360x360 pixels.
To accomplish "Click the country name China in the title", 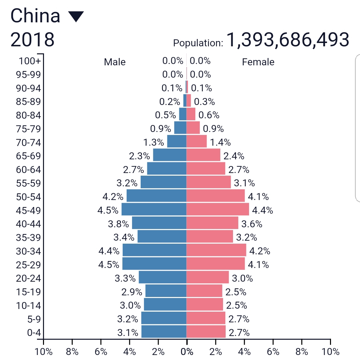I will [x=35, y=16].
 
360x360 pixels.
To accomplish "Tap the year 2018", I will [x=32, y=40].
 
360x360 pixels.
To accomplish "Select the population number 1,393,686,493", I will [x=288, y=40].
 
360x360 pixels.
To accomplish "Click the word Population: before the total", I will [x=198, y=43].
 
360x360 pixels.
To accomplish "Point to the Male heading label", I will [x=115, y=62].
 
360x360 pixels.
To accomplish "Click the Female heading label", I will [x=258, y=62].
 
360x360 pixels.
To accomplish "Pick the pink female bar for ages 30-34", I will [x=216, y=250].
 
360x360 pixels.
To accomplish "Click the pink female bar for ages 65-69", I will [x=203, y=155].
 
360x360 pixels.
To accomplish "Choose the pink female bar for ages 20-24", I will [x=208, y=277].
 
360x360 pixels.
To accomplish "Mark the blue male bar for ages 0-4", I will [x=164, y=332].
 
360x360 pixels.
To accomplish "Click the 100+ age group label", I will [x=30, y=61].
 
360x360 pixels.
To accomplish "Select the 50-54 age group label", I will [x=28, y=197].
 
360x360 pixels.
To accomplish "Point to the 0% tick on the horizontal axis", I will [x=187, y=352].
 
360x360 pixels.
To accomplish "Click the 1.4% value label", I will [x=220, y=142].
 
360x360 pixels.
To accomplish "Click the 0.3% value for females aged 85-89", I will [x=204, y=102].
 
